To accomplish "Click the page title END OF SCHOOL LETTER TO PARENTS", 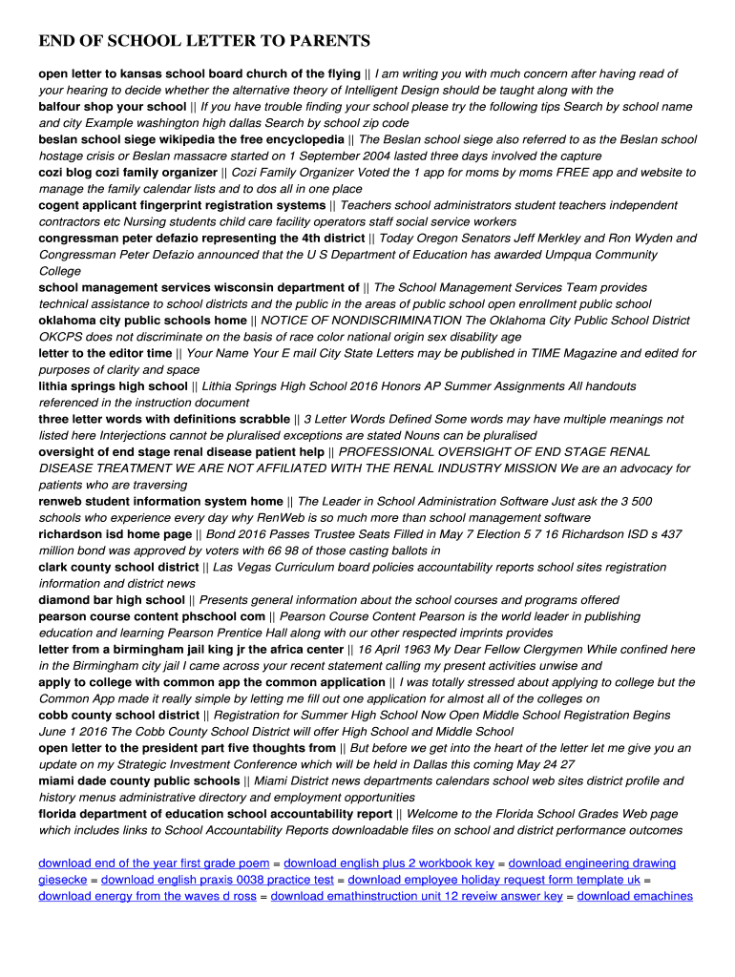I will pos(203,42).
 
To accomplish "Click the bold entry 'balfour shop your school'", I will pos(112,107).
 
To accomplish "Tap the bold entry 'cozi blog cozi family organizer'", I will pos(128,173).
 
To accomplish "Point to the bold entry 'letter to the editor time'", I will pos(105,353).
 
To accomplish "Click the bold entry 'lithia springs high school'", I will pos(113,386).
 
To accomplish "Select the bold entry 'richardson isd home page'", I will pos(115,534).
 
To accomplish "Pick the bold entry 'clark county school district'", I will pos(118,567).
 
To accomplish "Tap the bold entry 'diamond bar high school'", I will pos(112,600).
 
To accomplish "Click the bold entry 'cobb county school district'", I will pos(118,716).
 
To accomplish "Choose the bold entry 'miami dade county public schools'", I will pos(138,781).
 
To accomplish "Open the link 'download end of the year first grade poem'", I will pos(154,863).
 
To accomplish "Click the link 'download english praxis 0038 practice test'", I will pos(218,880).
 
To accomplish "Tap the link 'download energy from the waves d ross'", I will pos(147,896).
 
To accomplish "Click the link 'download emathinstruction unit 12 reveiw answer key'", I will pos(417,896).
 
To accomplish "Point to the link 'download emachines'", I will pos(635,896).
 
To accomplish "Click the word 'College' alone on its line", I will pos(59,271).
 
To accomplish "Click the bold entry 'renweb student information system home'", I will pos(160,501).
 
